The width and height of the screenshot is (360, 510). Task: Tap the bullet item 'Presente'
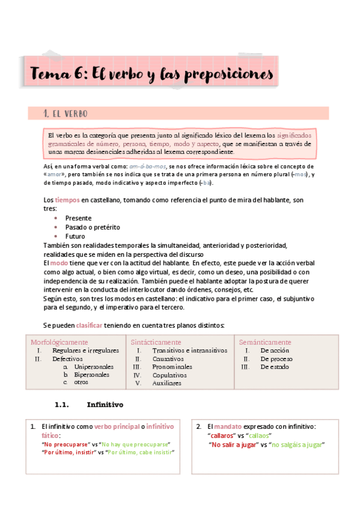tap(78, 218)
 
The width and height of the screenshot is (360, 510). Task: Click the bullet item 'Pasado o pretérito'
tap(93, 227)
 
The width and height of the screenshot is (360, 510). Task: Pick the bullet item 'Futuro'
tap(75, 236)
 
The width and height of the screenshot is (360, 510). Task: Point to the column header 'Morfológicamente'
tap(59, 342)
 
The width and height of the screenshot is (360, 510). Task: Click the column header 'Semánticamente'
tap(265, 342)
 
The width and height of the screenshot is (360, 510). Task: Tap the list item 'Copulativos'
tap(169, 374)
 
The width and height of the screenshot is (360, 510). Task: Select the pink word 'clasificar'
tap(93, 325)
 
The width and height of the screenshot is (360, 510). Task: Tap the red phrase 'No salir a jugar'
tap(233, 444)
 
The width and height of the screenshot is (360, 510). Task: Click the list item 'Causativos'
tap(169, 358)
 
